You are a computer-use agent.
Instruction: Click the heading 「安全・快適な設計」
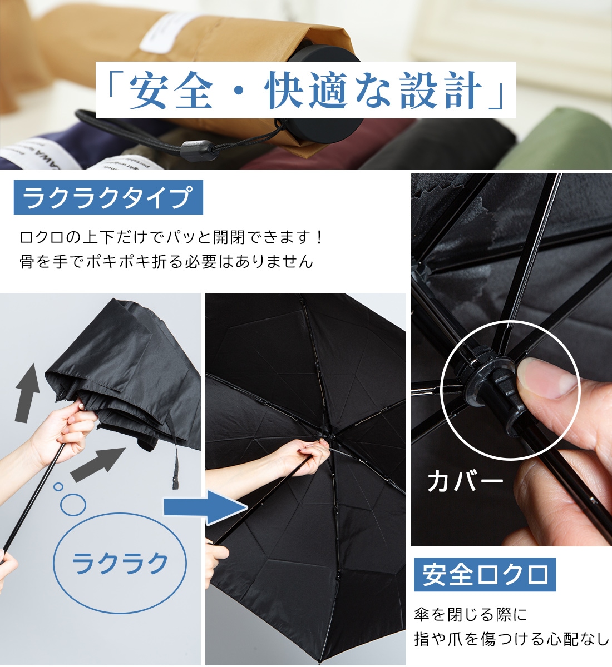(305, 90)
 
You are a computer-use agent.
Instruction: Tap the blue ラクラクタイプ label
(108, 197)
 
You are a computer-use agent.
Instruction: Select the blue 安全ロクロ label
(485, 575)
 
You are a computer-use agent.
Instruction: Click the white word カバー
(465, 482)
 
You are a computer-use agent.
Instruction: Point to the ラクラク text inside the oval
(120, 563)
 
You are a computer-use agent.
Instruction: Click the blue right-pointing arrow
(205, 507)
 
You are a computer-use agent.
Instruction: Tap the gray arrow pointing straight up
(26, 393)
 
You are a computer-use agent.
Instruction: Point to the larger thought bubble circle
(73, 505)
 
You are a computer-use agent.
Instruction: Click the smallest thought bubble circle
(58, 486)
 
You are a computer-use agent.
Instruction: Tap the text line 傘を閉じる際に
(471, 614)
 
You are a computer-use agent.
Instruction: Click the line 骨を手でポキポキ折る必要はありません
(166, 262)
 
